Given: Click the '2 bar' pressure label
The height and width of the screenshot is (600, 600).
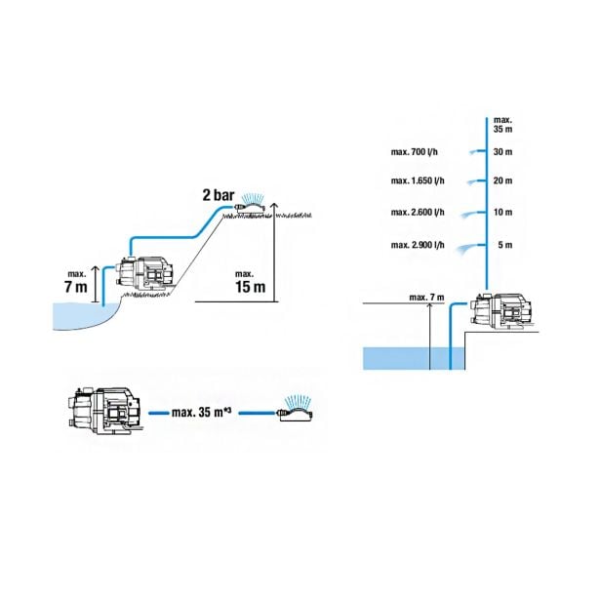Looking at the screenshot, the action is [219, 195].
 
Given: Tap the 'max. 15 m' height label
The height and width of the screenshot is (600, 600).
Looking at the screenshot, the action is [251, 282].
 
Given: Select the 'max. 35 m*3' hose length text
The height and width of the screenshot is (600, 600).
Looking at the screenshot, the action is [202, 412].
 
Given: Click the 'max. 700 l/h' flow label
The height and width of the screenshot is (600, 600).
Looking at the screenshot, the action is [414, 152].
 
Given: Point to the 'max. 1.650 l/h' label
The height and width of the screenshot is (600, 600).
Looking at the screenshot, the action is [418, 180].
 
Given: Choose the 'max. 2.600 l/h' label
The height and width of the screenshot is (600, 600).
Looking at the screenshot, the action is [418, 212].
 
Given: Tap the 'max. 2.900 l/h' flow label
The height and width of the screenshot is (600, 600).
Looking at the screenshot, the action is [418, 245].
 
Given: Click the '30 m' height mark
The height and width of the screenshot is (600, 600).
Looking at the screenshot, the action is [502, 152].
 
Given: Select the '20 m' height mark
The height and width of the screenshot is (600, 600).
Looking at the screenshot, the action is [502, 180].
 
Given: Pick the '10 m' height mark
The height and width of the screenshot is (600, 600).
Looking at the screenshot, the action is [502, 212].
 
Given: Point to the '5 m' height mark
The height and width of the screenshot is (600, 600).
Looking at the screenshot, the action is [505, 245].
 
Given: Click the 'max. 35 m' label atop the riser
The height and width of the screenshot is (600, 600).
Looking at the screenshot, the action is [502, 125].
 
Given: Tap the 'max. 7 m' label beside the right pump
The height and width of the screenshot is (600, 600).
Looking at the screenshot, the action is [426, 297].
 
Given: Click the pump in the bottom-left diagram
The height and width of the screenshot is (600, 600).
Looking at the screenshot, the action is [105, 410].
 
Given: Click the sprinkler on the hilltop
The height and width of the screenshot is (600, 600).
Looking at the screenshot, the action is [250, 205].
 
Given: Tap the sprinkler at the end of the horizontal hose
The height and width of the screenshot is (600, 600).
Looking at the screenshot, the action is [296, 408].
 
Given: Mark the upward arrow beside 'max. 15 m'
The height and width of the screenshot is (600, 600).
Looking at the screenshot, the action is [274, 252].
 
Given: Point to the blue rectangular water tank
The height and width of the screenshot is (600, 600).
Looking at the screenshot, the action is [414, 359].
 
